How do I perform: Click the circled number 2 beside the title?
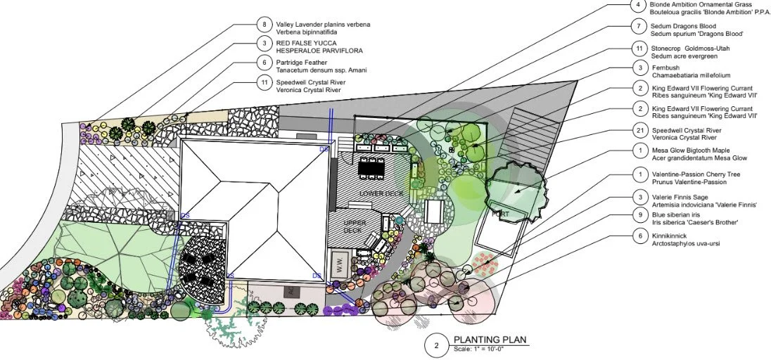pos(436,345)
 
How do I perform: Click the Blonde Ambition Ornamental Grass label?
pos(692,4)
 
